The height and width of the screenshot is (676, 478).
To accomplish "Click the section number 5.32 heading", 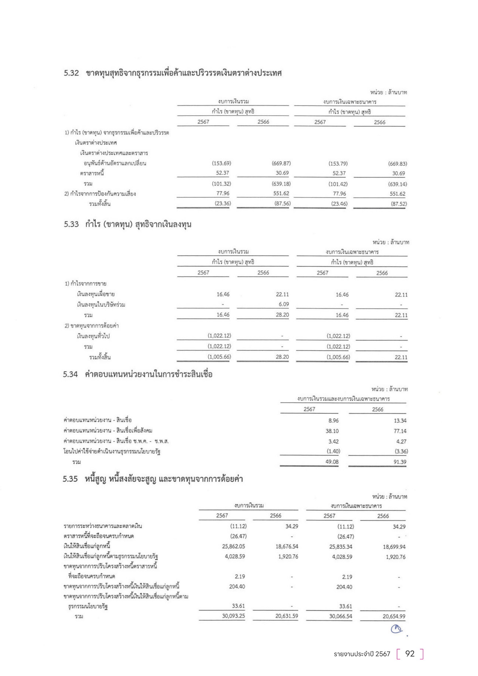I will pos(71,73).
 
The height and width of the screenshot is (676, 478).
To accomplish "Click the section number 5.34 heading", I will pos(70,375).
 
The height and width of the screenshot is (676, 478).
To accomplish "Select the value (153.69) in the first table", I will pos(221,163).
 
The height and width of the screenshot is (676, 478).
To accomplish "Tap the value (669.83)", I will pos(397,164).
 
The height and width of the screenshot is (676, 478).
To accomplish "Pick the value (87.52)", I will pos(399,204).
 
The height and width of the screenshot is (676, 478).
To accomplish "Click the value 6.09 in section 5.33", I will pos(284,304).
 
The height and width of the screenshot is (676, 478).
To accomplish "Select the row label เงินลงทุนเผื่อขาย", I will pos(96,294).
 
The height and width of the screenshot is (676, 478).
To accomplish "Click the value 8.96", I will pos(334,421).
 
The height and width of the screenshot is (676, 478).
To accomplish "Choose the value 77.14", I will pos(400,431).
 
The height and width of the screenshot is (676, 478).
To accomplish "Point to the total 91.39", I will pos(400,462).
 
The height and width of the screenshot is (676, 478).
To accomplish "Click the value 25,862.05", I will pos(234,546).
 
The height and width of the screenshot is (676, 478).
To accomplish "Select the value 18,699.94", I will pos(394,547).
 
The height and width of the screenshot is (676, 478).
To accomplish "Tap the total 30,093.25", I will pos(234,616).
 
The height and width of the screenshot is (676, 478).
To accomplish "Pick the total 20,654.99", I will pos(394,616).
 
